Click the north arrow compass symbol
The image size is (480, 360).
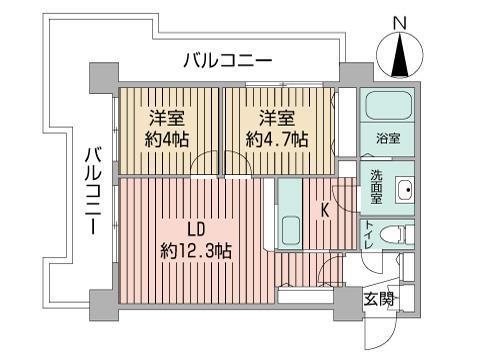pyautogui.click(x=401, y=54)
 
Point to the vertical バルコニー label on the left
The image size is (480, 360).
pyautogui.click(x=91, y=191)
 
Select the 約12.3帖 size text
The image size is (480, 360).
pyautogui.click(x=196, y=251)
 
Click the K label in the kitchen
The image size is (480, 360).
pyautogui.click(x=325, y=210)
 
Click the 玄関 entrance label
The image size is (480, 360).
pyautogui.click(x=377, y=297)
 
